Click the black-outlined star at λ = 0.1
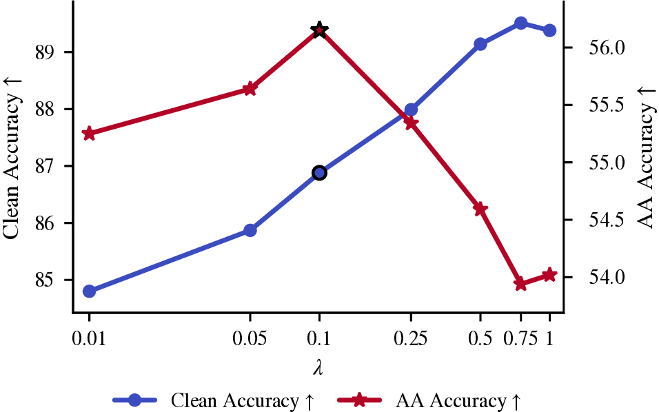click(319, 30)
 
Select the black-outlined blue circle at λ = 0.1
click(319, 173)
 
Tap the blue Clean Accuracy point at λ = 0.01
click(89, 291)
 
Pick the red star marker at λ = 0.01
click(89, 134)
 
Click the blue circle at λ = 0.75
click(521, 23)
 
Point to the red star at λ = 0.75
click(520, 283)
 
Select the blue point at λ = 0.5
click(480, 43)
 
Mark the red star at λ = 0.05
click(250, 89)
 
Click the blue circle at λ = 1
click(549, 30)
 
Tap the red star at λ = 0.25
click(411, 123)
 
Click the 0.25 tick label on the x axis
click(411, 338)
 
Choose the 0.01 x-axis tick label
click(89, 338)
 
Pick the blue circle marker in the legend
click(135, 400)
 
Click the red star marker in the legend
click(359, 400)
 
